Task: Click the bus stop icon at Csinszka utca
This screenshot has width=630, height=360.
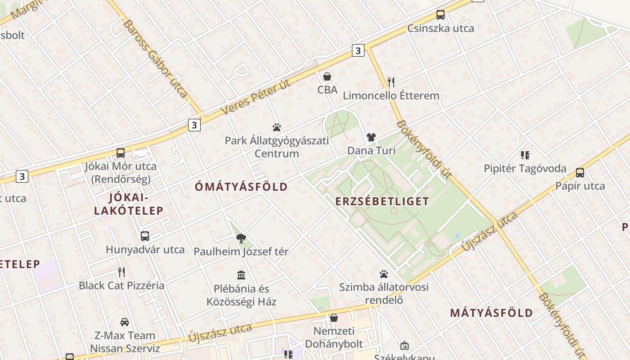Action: click(441, 15)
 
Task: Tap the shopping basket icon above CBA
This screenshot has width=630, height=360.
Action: click(327, 76)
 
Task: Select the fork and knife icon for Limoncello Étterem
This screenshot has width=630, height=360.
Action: click(391, 82)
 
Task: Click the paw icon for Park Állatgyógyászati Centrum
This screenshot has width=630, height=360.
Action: click(277, 127)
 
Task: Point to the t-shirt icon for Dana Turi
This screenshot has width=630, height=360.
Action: click(371, 137)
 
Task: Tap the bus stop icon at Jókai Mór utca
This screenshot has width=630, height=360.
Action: click(121, 153)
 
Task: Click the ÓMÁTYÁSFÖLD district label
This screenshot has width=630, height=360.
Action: click(242, 187)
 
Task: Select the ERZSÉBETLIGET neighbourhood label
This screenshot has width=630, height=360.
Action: click(382, 201)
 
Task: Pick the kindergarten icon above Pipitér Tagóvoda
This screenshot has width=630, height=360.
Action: click(525, 155)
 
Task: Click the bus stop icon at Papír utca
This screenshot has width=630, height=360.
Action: click(580, 172)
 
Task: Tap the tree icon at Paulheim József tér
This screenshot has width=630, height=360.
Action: click(241, 238)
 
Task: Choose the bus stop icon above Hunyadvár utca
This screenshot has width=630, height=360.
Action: click(145, 236)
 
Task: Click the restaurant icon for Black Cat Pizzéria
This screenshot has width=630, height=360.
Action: click(121, 272)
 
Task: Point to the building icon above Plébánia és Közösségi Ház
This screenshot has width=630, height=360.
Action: click(241, 275)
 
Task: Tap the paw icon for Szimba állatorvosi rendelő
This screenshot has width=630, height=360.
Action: click(384, 274)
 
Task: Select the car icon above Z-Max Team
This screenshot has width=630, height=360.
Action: click(125, 322)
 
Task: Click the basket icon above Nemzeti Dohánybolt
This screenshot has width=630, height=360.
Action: click(333, 318)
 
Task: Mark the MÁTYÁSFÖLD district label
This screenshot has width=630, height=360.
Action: click(491, 313)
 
